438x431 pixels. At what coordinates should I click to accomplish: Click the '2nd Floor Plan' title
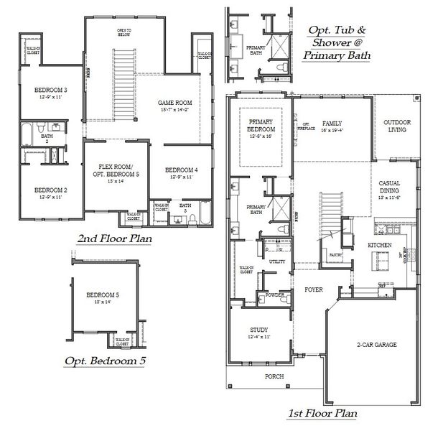116,238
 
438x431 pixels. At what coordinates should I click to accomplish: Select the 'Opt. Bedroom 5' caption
105,361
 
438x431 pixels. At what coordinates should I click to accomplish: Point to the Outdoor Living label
396,126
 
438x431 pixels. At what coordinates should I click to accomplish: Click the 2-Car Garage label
377,345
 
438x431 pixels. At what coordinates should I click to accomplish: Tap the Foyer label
312,290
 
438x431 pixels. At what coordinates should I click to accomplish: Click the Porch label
274,376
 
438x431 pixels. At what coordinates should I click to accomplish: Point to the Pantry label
334,255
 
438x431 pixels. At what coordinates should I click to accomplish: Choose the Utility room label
276,261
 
